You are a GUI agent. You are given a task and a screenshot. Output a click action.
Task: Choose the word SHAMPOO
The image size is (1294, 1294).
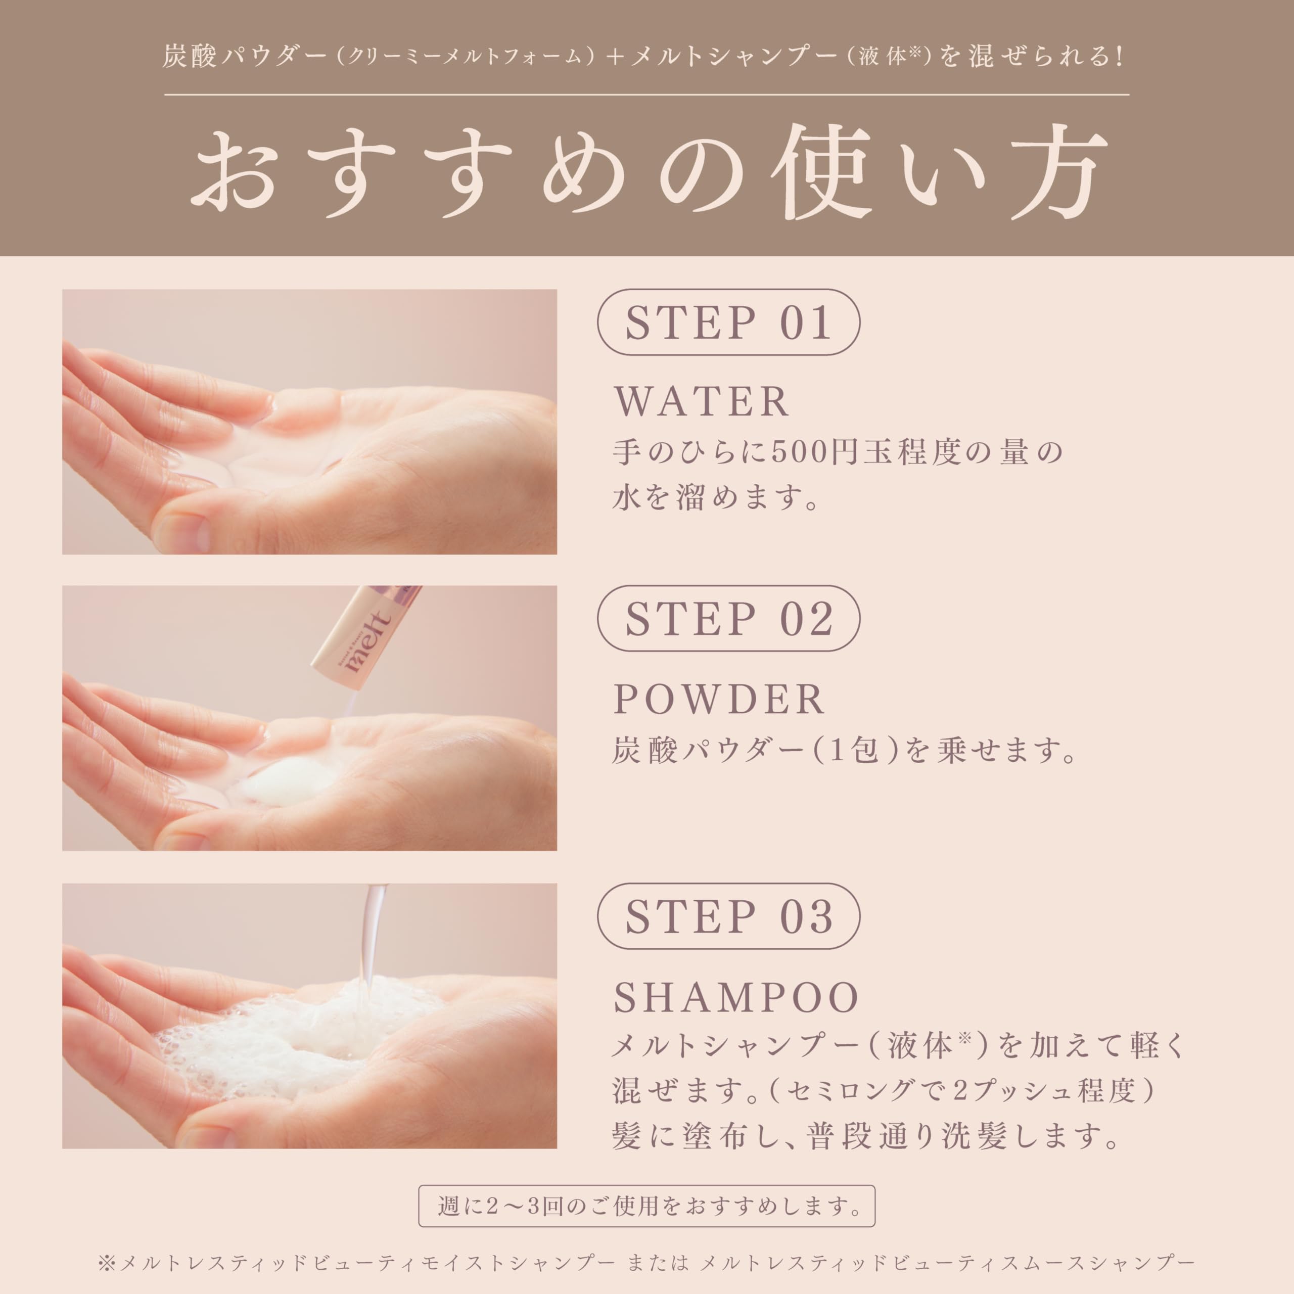pos(736,997)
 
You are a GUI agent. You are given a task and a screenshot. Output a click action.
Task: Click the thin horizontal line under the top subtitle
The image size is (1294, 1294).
pos(646,95)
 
